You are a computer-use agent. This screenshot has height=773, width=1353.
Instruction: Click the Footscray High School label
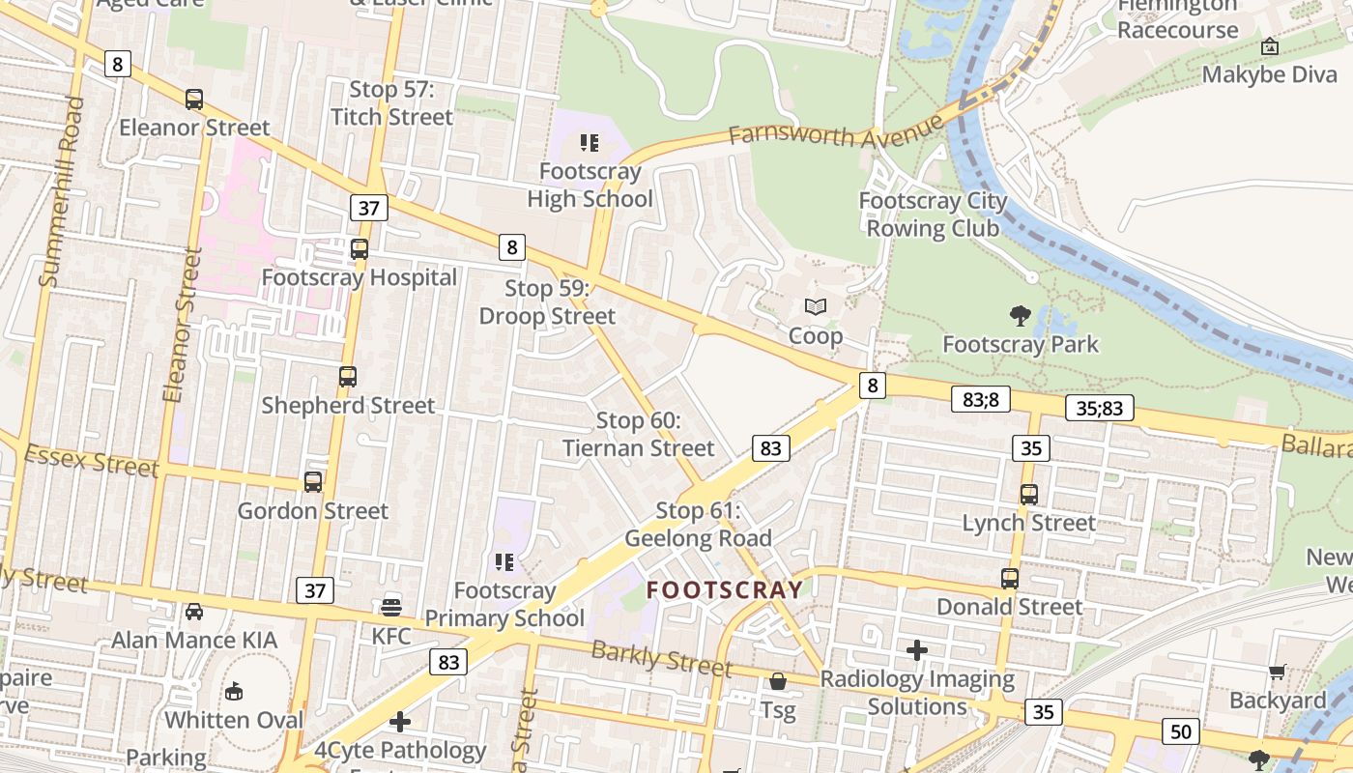(x=590, y=186)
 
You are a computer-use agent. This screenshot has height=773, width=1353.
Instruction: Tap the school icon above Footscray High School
(x=590, y=143)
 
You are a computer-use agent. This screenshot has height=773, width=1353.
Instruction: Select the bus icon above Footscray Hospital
(x=360, y=248)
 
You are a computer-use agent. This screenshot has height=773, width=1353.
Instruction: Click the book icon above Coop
(x=816, y=307)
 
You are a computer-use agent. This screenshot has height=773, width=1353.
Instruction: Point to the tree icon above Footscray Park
(x=1020, y=315)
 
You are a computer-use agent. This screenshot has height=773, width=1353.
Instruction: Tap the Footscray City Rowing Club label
(x=933, y=215)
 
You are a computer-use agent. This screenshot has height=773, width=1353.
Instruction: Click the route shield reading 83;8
(x=980, y=399)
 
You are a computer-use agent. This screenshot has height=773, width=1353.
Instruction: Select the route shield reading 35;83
(x=1100, y=408)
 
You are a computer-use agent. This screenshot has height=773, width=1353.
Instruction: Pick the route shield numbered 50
(x=1181, y=731)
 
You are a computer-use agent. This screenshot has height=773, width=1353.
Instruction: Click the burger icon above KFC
(x=391, y=607)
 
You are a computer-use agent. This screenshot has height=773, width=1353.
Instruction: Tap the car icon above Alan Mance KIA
(x=194, y=611)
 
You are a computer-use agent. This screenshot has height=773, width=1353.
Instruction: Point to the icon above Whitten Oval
(x=234, y=691)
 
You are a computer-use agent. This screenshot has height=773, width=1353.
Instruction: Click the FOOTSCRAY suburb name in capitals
(x=725, y=589)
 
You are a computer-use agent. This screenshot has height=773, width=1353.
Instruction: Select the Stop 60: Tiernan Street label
(x=639, y=434)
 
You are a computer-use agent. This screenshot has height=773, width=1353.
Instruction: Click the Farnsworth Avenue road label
(x=835, y=131)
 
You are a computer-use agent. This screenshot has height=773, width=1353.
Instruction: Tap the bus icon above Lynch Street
(x=1028, y=494)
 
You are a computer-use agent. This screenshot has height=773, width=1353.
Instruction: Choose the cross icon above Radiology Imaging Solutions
(x=917, y=650)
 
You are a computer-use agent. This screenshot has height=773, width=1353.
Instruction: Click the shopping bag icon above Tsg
(x=778, y=682)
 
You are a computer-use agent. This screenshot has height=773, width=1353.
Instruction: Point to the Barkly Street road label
(x=661, y=659)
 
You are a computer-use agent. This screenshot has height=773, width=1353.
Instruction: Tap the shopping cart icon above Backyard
(x=1277, y=672)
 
